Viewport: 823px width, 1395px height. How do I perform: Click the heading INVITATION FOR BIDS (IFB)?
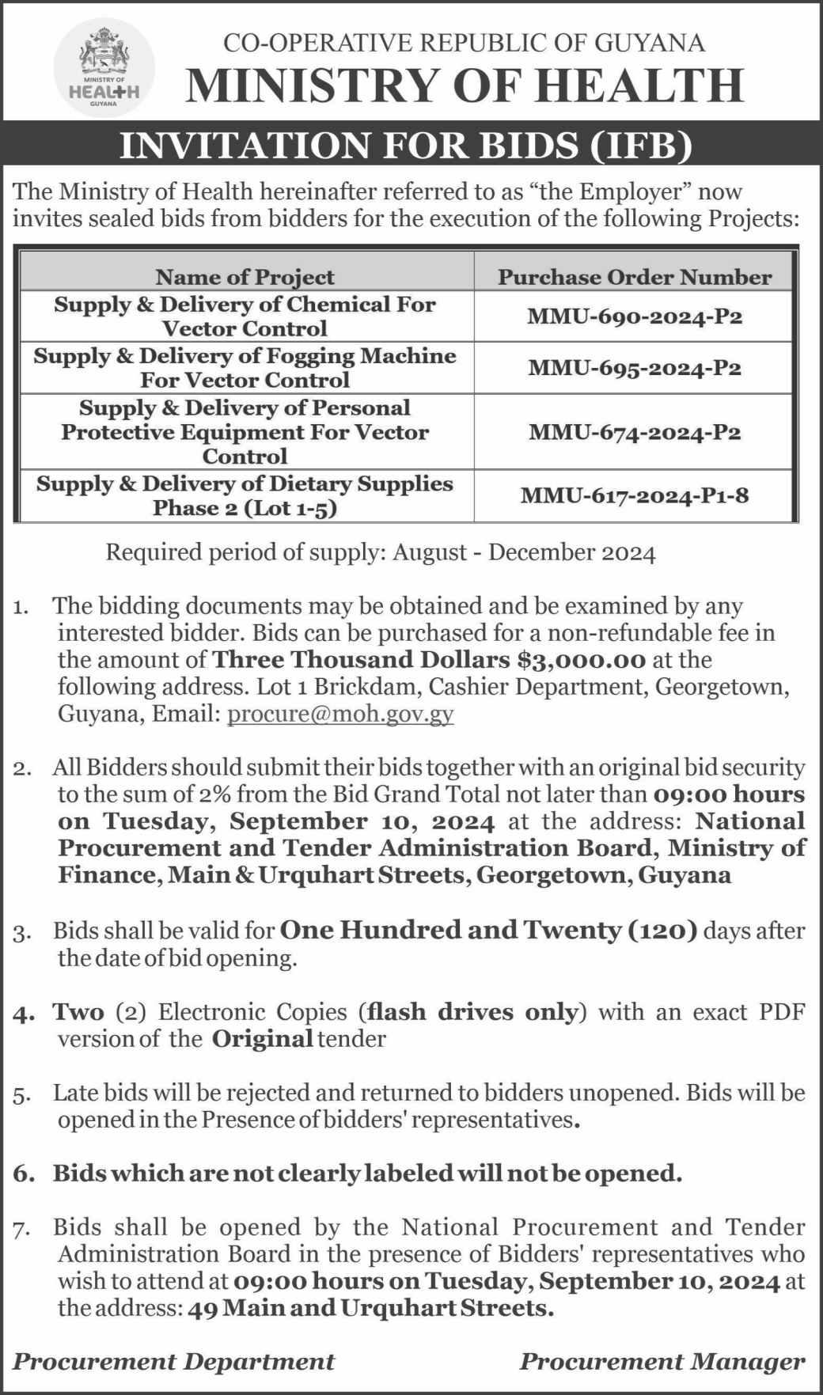411,146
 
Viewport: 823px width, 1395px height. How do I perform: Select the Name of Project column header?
245,277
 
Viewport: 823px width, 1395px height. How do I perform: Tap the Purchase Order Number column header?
634,277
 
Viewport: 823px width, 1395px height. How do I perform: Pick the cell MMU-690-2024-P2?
634,317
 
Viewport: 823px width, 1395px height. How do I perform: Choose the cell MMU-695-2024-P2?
634,368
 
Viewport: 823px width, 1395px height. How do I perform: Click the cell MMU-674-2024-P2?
634,432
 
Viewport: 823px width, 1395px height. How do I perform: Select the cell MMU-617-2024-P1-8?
634,496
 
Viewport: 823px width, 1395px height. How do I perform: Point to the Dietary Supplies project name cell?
245,496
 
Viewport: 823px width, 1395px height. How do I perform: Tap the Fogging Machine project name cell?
245,368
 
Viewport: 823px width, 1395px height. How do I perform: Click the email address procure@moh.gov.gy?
340,714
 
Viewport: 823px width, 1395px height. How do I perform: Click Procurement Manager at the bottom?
662,1362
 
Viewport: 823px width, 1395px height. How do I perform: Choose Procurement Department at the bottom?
173,1362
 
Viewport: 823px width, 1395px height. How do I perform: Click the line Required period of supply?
381,552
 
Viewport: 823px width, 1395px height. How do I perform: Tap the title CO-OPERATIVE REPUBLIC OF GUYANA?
464,43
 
